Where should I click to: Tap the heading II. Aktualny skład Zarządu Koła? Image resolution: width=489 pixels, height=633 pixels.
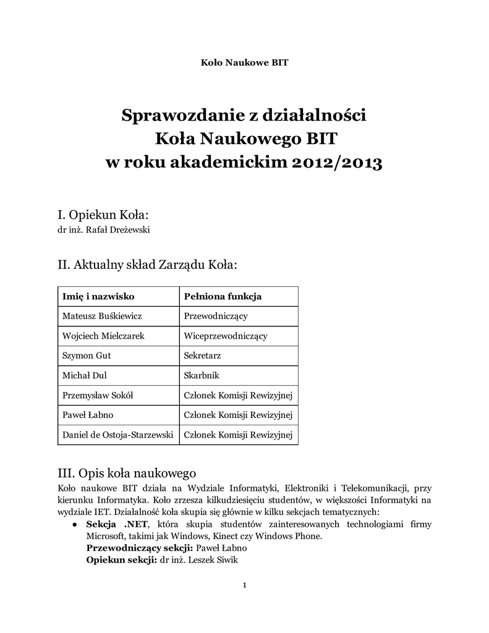click(x=147, y=265)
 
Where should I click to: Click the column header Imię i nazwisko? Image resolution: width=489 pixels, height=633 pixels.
click(x=99, y=297)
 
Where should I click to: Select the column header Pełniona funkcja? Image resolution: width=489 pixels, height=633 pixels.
click(x=223, y=297)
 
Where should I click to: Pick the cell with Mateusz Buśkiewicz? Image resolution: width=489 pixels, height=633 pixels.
click(x=103, y=316)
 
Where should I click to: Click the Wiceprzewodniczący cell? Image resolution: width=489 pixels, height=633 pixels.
click(x=226, y=336)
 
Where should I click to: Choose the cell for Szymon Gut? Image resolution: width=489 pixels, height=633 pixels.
click(x=86, y=355)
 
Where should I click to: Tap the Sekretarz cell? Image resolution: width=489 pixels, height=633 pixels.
click(x=202, y=355)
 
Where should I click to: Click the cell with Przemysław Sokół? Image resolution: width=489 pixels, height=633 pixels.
click(x=98, y=395)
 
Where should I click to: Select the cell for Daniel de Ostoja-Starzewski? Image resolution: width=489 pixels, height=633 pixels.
click(x=117, y=435)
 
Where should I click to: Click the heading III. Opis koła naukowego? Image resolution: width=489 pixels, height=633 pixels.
click(x=126, y=474)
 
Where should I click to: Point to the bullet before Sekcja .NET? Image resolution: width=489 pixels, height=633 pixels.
click(x=74, y=524)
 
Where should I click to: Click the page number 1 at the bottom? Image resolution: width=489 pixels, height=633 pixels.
click(x=245, y=585)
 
